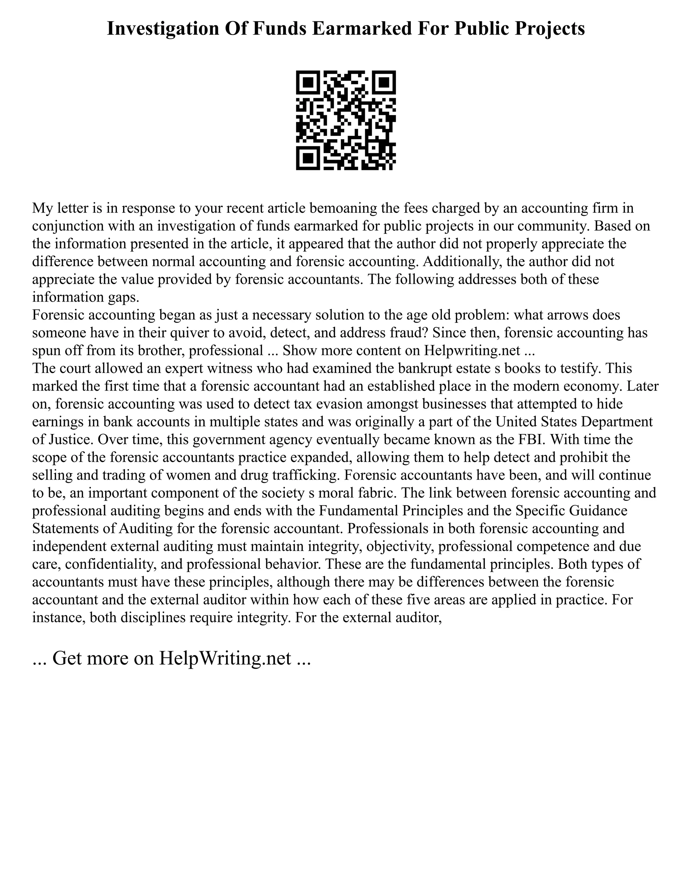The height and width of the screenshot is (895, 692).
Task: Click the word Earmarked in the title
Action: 361,29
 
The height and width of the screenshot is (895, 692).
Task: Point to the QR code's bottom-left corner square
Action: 308,158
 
